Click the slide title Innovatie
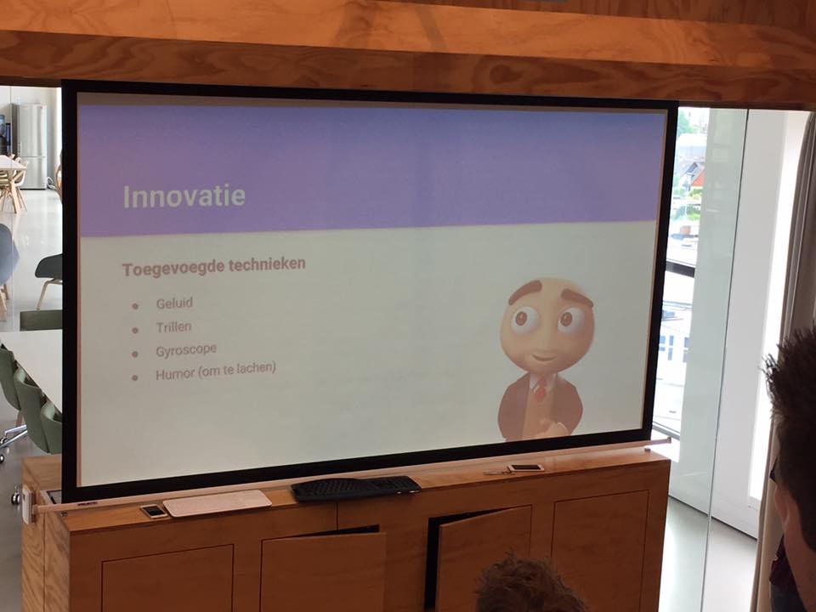[184, 196]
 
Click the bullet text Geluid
[174, 303]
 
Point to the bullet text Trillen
[173, 326]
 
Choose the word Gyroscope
[186, 350]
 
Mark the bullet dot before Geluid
[135, 306]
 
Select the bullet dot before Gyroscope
[135, 354]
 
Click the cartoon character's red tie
[541, 388]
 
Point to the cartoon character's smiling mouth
[543, 357]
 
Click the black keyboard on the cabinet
[355, 488]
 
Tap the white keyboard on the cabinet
[217, 502]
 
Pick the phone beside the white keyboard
[154, 511]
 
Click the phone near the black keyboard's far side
[525, 467]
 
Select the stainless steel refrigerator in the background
[30, 145]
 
